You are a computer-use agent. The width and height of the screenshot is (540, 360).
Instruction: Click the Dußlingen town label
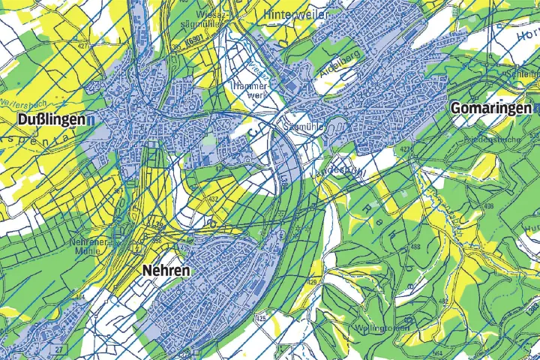[x=46, y=119]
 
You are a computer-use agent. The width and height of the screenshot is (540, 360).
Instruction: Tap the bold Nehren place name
[x=166, y=270]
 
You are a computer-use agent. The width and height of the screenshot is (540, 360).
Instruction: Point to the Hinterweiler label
[x=298, y=14]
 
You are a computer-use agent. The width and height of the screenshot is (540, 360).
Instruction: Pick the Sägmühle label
[x=303, y=127]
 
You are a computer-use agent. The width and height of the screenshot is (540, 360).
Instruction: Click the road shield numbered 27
[x=58, y=349]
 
